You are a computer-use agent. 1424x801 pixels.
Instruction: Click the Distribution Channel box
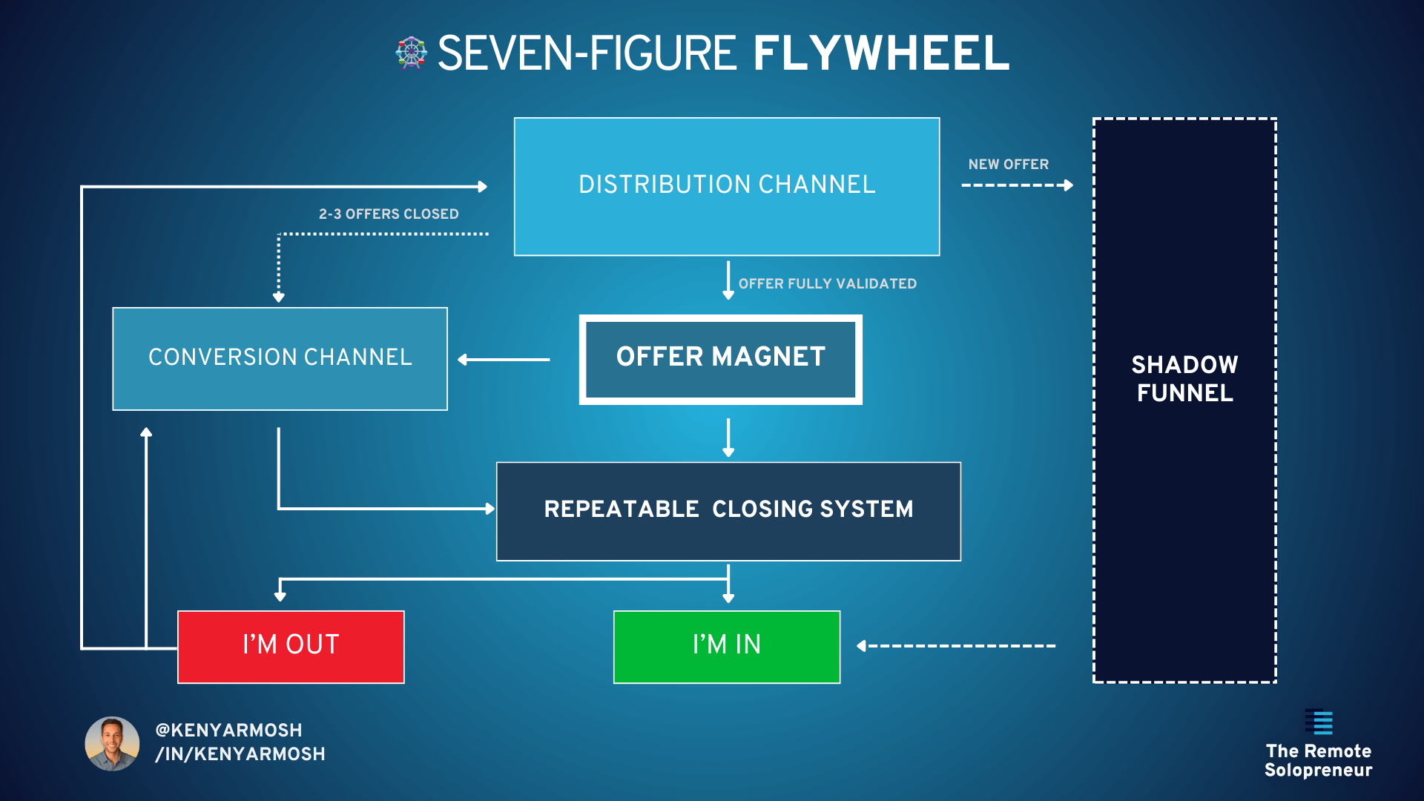727,186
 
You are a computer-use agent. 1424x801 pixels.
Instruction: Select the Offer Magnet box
720,359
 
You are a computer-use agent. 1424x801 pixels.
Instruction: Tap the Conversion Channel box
280,358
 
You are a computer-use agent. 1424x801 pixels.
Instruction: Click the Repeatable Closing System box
728,511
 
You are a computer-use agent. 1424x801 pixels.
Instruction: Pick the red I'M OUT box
291,646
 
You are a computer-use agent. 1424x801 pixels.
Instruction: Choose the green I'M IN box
727,646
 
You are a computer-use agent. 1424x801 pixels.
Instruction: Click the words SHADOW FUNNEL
1184,379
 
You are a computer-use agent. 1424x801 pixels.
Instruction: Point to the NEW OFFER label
1008,165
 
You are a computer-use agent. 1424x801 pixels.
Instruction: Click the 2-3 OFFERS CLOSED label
389,214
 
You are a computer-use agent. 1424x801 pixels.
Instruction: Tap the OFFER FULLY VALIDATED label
827,284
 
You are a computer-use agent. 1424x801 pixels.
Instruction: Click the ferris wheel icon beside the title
411,53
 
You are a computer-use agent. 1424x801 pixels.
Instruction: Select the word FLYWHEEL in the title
881,53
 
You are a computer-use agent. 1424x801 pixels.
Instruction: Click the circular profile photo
112,743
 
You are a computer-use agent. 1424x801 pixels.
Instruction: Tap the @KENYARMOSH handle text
228,730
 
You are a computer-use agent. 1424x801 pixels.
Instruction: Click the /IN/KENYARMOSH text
240,754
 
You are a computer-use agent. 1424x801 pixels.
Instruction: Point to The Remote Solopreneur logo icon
1319,722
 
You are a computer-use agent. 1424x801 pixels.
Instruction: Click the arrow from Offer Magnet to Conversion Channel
504,360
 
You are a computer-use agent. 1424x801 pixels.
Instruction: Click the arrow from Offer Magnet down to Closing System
728,438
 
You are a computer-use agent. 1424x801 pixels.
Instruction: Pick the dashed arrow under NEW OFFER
1017,185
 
